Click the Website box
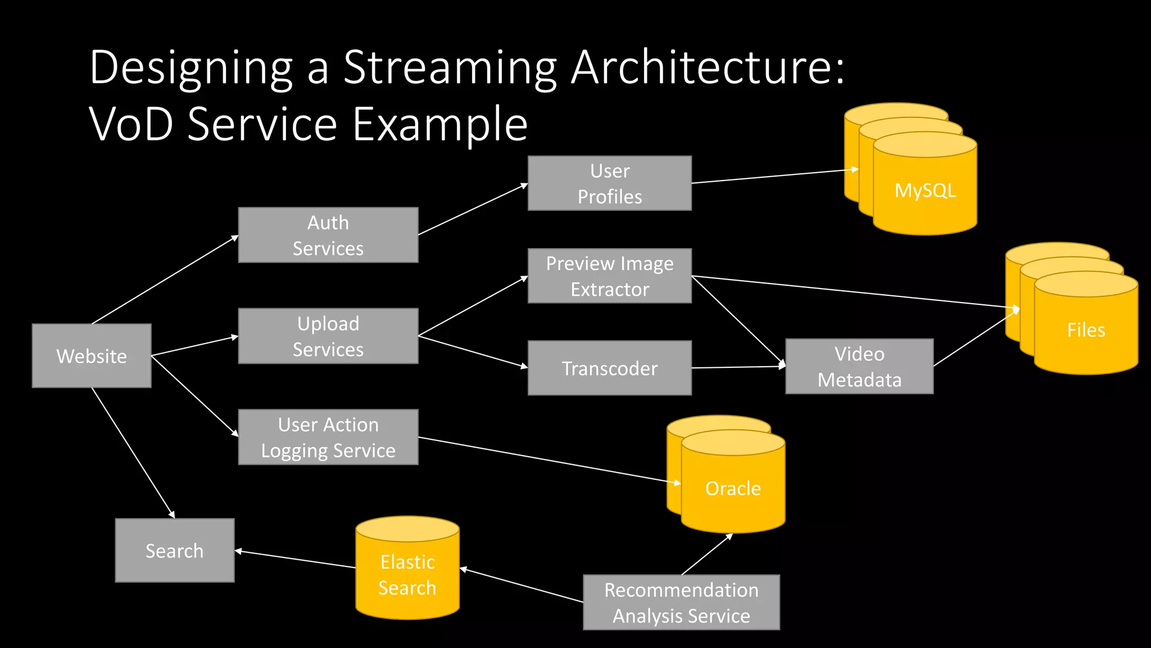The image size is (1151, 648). point(92,355)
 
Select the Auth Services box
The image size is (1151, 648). point(328,235)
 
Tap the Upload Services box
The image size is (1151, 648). point(328,336)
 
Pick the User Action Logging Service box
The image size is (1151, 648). point(328,437)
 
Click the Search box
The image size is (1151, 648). point(175,550)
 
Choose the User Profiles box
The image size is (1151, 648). point(610,183)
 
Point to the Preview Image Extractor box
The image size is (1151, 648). point(610,276)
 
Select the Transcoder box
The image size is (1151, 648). point(610,368)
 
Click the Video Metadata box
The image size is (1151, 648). point(859,366)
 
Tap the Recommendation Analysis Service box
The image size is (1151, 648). point(681,602)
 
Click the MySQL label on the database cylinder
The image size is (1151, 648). point(925,190)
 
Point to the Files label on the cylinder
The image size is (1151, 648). point(1086,330)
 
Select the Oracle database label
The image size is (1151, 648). point(733,488)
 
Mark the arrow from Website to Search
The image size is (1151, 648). point(133,453)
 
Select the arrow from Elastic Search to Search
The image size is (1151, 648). point(295,559)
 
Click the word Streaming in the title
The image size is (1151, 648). point(450,67)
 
